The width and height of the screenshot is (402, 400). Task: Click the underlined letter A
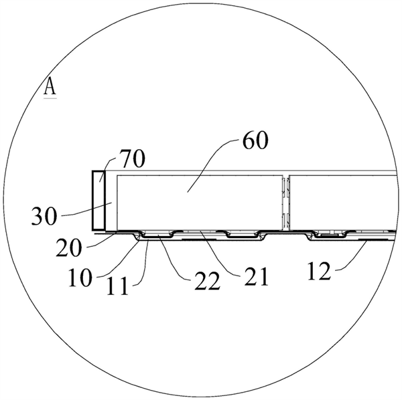tap(50, 86)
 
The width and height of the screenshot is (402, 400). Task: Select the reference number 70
tap(133, 159)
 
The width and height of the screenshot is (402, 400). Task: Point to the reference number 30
tap(44, 216)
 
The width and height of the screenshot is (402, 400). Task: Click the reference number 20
tap(69, 248)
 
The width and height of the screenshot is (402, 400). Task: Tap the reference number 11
tap(117, 287)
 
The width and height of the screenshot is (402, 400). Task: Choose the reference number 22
tap(208, 281)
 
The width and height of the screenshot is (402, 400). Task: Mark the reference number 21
tap(256, 277)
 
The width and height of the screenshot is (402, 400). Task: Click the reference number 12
tap(319, 272)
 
